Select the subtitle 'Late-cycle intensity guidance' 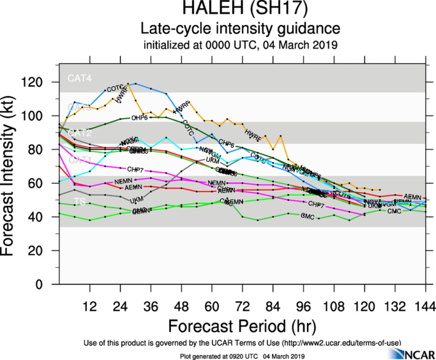(240, 29)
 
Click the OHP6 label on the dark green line (139, 118)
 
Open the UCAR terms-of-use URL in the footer (341, 343)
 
